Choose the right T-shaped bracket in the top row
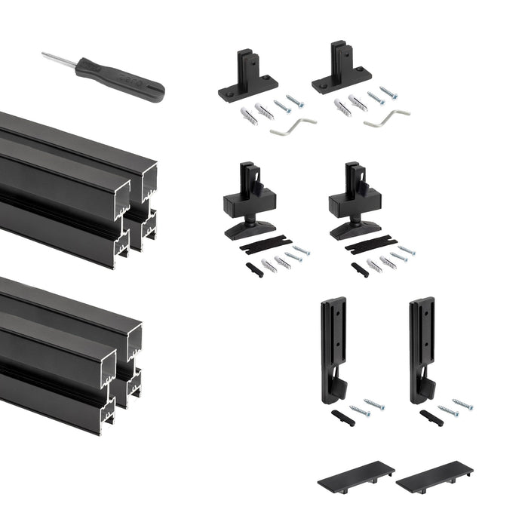[x=340, y=74]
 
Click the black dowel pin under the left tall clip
[x=342, y=417]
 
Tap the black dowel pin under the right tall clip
[x=431, y=416]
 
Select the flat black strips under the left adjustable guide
[x=265, y=244]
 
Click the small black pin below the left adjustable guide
[x=254, y=269]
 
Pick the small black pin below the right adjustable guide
[x=360, y=269]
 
